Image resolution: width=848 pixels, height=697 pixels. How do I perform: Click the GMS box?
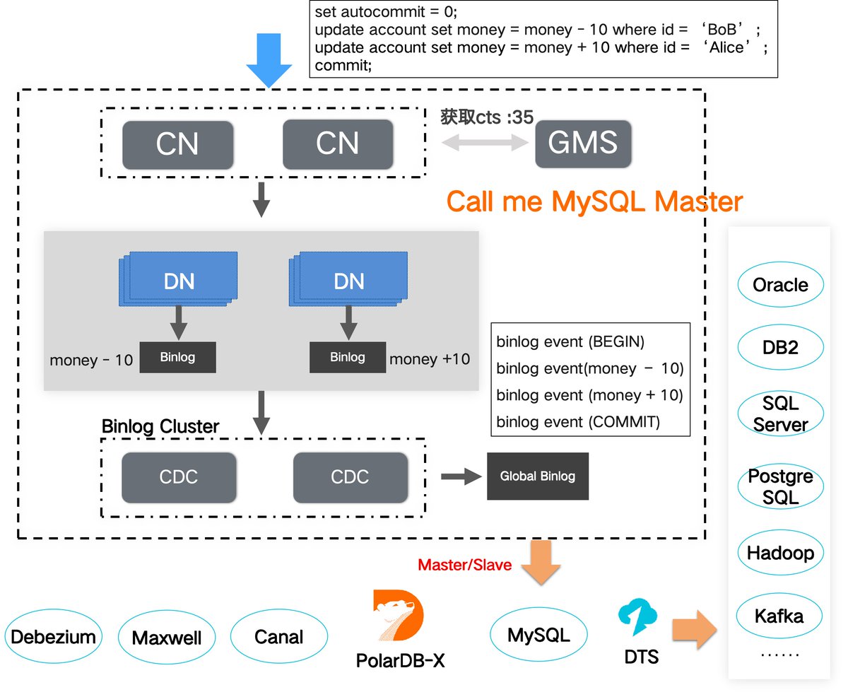tap(583, 143)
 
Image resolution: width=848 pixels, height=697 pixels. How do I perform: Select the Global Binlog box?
tap(537, 476)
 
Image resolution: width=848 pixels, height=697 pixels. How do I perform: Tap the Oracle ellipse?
tap(780, 285)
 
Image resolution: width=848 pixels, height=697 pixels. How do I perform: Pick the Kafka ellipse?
tap(779, 616)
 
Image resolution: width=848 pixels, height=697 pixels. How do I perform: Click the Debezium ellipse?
tap(53, 636)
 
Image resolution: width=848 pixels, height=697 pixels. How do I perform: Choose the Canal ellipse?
tap(278, 636)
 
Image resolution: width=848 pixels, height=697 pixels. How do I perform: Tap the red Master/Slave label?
tap(464, 566)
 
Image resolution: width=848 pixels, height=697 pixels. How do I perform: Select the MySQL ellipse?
tap(538, 633)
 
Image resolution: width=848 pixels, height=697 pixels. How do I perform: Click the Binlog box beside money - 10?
tap(177, 358)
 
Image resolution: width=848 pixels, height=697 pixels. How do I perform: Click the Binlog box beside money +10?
tap(348, 357)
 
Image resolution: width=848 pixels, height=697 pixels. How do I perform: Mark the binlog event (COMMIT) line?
tap(578, 422)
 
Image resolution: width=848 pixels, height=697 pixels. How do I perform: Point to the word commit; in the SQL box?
tap(343, 66)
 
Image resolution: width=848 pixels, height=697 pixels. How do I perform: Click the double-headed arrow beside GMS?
tap(485, 143)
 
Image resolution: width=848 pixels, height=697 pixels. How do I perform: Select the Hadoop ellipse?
tap(780, 553)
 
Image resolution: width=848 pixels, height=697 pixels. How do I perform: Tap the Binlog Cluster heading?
tap(160, 426)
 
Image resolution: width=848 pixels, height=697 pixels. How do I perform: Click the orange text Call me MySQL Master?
tap(594, 202)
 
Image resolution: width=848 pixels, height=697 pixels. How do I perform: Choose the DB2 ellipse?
tap(780, 348)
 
